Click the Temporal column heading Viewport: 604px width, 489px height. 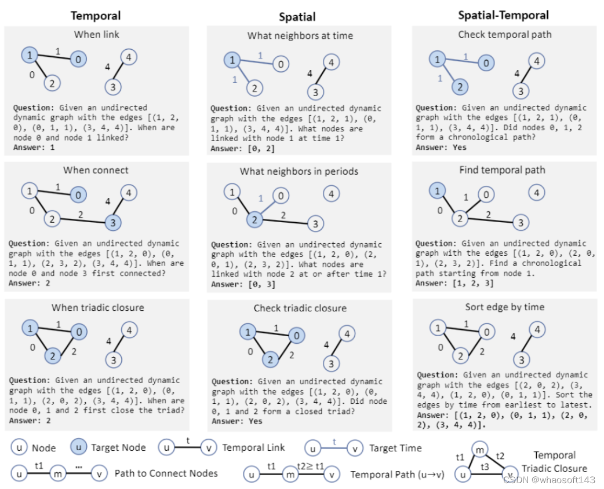pyautogui.click(x=95, y=16)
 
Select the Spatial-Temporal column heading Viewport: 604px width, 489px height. pyautogui.click(x=503, y=16)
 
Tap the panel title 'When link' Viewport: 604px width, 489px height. pyautogui.click(x=96, y=35)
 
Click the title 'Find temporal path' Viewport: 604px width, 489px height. pyautogui.click(x=502, y=170)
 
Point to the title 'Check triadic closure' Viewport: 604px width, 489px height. pyautogui.click(x=300, y=308)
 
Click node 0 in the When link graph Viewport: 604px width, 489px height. pyautogui.click(x=79, y=58)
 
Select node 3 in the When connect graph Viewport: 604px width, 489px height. pyautogui.click(x=113, y=223)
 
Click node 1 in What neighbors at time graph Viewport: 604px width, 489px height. pyautogui.click(x=232, y=60)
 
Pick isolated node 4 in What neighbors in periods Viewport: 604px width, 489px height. pyautogui.click(x=331, y=194)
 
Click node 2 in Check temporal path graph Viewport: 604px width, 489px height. pyautogui.click(x=459, y=87)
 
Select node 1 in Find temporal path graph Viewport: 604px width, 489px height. pyautogui.click(x=438, y=191)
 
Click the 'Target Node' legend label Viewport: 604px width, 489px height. pyautogui.click(x=118, y=447)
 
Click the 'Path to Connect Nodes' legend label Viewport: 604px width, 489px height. pyautogui.click(x=166, y=473)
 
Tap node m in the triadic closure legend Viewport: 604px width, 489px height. pyautogui.click(x=479, y=450)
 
